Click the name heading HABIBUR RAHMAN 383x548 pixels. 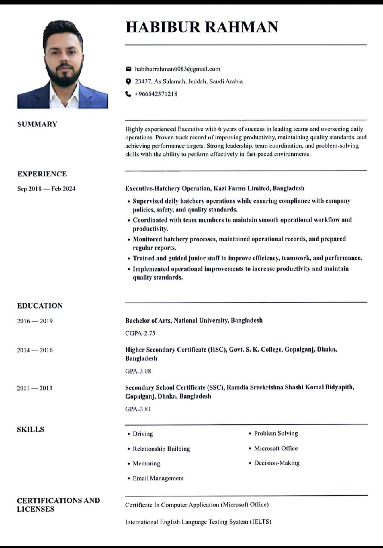202,27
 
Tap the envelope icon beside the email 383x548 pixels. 128,69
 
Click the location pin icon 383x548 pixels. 128,81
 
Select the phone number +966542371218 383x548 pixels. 156,94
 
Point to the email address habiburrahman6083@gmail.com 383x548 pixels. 177,69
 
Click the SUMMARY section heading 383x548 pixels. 37,124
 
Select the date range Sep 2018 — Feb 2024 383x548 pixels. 46,189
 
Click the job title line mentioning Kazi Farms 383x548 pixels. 214,188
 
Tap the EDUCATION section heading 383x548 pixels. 40,306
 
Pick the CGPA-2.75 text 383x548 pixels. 140,333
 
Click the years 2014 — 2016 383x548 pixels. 35,350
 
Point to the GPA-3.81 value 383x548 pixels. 138,409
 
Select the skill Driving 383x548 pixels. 143,434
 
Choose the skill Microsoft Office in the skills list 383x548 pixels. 276,448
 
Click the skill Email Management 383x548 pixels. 158,478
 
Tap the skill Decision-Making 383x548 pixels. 277,463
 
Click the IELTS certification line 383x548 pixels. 198,521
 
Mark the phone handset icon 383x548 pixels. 128,94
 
